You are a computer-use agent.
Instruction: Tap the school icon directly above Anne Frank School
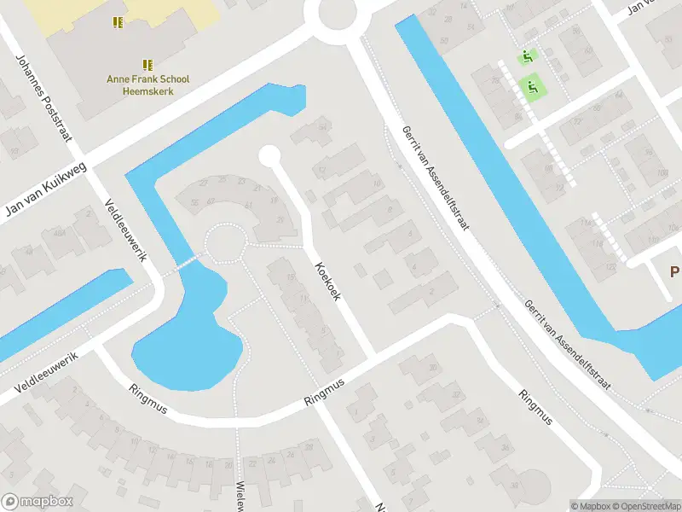click(x=147, y=64)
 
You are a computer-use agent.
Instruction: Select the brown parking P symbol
click(x=674, y=271)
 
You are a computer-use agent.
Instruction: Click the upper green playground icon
click(x=527, y=58)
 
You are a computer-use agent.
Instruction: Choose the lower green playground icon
click(x=533, y=86)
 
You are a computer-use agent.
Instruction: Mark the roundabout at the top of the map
click(x=336, y=14)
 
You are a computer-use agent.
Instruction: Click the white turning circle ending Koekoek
click(x=269, y=156)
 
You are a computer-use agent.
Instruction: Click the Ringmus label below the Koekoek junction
click(x=327, y=397)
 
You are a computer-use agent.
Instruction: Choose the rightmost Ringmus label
click(x=535, y=408)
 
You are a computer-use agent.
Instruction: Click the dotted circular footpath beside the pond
click(x=223, y=242)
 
